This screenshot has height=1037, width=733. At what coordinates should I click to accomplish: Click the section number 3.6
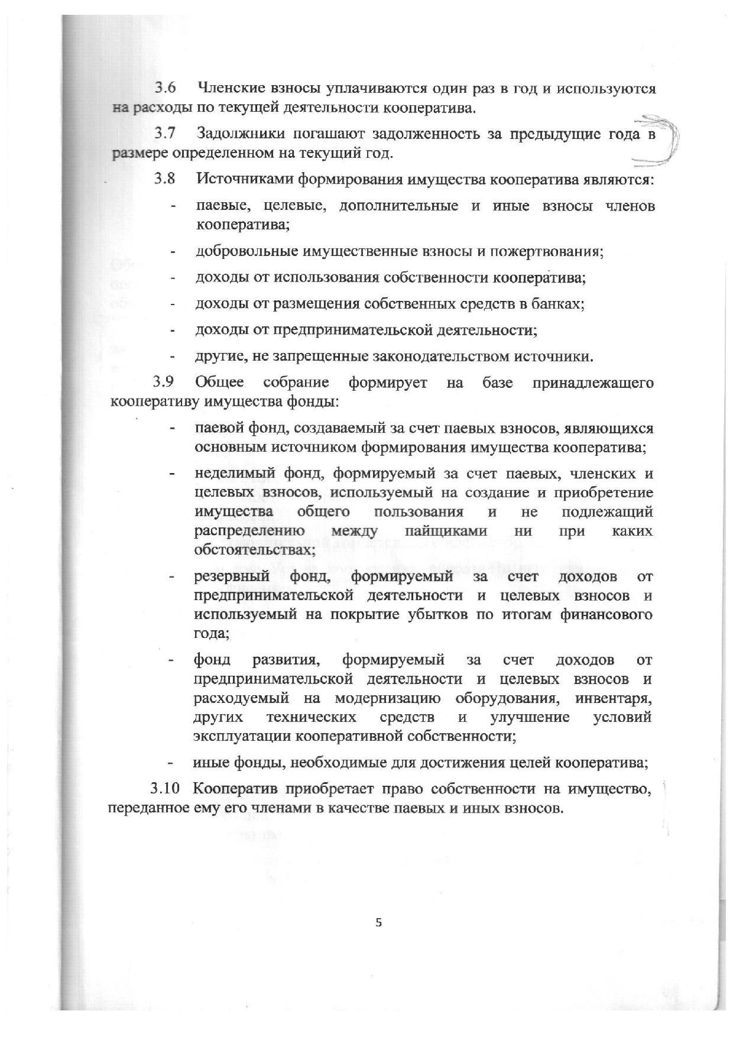tap(166, 89)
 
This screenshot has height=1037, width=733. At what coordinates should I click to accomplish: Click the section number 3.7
tap(166, 134)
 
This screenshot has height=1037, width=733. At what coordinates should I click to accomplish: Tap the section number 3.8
tap(166, 179)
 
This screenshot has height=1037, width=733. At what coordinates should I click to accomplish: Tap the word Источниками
tap(245, 179)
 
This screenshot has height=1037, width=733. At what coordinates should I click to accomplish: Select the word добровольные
tap(247, 252)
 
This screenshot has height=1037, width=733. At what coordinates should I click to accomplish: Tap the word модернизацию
tap(387, 698)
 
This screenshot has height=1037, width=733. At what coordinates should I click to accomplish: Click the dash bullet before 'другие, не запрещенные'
tap(173, 358)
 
